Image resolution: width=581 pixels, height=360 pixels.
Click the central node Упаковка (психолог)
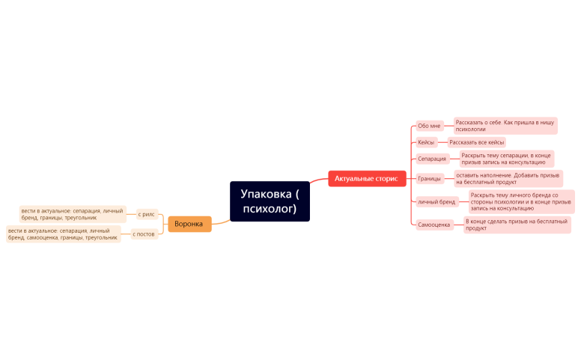pyautogui.click(x=270, y=201)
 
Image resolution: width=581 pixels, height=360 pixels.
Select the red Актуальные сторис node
pyautogui.click(x=366, y=179)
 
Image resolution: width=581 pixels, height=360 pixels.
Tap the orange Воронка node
pyautogui.click(x=189, y=224)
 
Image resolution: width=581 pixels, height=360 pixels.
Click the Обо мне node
pyautogui.click(x=430, y=126)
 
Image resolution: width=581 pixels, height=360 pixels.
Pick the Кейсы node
pyautogui.click(x=426, y=142)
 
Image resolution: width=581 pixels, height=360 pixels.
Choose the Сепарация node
pyautogui.click(x=432, y=159)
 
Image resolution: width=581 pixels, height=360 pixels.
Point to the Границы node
pyautogui.click(x=430, y=179)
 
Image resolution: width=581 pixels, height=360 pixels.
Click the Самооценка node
pyautogui.click(x=434, y=225)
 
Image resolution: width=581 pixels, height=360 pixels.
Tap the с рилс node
pyautogui.click(x=147, y=214)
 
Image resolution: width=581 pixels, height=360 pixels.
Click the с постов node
pyautogui.click(x=144, y=234)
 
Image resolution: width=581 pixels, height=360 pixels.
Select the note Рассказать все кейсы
pyautogui.click(x=476, y=142)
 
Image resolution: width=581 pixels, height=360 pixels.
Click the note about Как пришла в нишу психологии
pyautogui.click(x=505, y=125)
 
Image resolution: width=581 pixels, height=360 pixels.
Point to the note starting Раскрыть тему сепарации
pyautogui.click(x=505, y=159)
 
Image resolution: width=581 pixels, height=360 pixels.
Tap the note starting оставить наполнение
pyautogui.click(x=508, y=178)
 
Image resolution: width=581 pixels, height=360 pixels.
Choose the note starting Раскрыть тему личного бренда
pyautogui.click(x=520, y=201)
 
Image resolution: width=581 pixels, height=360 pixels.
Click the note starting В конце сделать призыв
pyautogui.click(x=516, y=225)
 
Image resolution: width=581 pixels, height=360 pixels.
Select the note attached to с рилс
pyautogui.click(x=72, y=214)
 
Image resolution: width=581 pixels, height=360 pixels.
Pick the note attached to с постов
pyautogui.click(x=63, y=234)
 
